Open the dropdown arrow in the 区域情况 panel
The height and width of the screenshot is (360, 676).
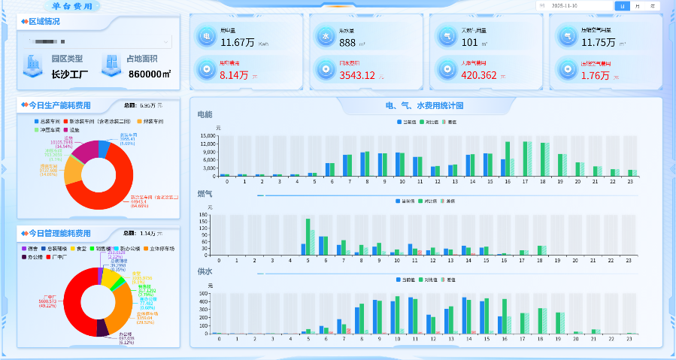coord(166,41)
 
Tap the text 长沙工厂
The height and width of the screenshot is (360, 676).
coord(70,74)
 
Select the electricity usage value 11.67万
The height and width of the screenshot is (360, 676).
coord(237,43)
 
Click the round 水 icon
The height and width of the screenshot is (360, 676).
coord(326,35)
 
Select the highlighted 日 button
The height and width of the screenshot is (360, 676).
coord(622,5)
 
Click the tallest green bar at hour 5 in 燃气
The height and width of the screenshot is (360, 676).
coord(308,237)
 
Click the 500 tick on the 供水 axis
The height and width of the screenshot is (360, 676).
coord(214,293)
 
